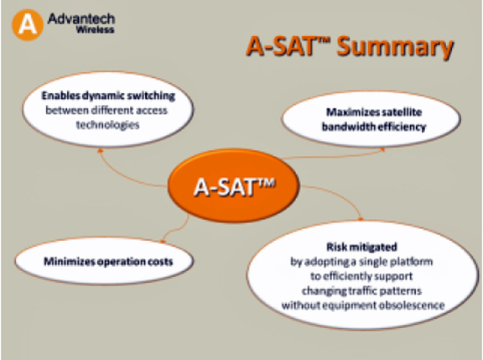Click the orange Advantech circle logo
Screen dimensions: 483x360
(x=27, y=25)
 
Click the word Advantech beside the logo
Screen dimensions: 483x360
(x=81, y=18)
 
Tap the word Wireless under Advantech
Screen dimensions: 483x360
(x=96, y=29)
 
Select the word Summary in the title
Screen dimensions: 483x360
(x=395, y=48)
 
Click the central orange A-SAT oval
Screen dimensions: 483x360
(x=233, y=185)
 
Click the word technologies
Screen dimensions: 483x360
(x=108, y=125)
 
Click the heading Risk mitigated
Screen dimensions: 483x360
(x=361, y=247)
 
